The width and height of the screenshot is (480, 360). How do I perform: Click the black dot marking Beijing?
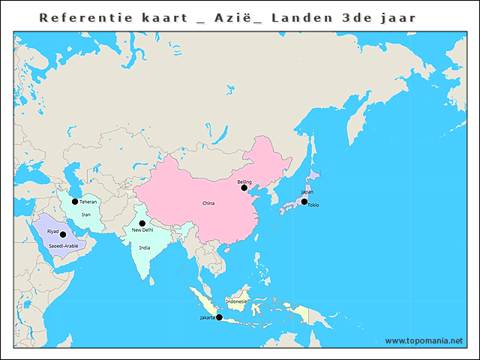click(244, 188)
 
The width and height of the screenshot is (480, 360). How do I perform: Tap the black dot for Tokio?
click(304, 201)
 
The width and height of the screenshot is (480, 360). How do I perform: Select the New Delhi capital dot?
click(142, 223)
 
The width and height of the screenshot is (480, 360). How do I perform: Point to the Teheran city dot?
click(75, 201)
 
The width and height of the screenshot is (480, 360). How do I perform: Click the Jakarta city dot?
click(219, 317)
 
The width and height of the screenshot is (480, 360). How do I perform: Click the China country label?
click(208, 203)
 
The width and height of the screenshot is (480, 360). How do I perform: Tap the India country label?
click(145, 247)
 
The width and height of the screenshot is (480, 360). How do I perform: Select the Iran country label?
click(86, 214)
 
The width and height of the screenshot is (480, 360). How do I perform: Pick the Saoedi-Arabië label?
click(63, 245)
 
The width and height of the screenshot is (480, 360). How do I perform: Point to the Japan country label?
click(307, 192)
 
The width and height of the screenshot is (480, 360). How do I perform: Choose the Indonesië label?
click(236, 301)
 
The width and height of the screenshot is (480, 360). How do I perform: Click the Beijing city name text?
click(244, 181)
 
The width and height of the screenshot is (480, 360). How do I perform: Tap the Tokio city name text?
click(313, 205)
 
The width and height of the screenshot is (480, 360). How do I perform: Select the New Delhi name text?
click(142, 230)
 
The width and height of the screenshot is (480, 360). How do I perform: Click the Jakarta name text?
click(208, 317)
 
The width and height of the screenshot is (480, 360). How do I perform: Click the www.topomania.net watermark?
click(424, 340)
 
